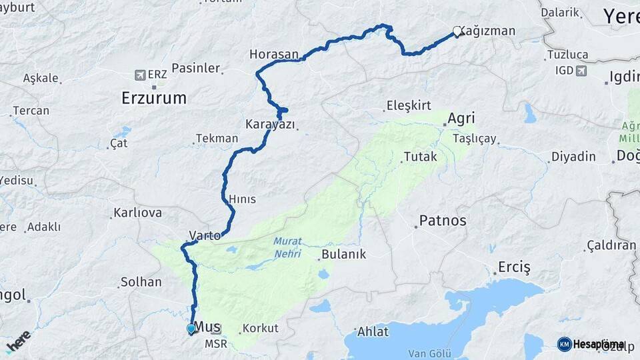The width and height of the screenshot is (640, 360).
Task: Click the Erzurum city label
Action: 154,98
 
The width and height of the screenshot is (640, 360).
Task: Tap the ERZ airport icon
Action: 140,75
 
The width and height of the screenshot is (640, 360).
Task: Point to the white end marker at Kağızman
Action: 457,31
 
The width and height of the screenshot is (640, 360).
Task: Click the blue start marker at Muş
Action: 191,329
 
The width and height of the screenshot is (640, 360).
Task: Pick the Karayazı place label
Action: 270,124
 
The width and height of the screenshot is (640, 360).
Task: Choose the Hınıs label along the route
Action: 242,199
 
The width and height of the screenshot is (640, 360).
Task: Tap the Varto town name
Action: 205,235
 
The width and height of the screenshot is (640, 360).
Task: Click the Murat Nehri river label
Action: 287,247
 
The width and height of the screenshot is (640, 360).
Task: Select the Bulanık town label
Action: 344,254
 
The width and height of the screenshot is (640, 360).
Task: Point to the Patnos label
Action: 443,220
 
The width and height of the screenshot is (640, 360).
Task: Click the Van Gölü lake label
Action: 430,353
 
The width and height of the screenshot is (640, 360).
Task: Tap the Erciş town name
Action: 514,268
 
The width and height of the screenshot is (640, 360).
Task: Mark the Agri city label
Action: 461,119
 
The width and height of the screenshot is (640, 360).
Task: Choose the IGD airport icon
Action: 581,71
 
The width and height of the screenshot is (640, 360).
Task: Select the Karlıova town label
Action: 138,213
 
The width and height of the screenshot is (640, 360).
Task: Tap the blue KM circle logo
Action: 564,344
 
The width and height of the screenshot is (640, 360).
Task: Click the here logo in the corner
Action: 18,341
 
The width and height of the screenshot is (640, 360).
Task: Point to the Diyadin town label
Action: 573,157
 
